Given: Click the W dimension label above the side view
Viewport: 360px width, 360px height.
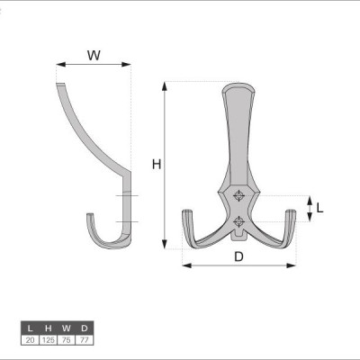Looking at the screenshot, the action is point(94,56).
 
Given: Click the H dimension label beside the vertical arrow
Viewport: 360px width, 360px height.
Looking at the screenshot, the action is point(157,165).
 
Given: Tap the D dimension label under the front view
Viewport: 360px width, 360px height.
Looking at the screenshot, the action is point(238,256).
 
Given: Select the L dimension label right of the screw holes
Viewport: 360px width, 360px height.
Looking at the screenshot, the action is point(319,208).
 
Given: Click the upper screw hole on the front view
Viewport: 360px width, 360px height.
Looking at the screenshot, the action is point(238,195).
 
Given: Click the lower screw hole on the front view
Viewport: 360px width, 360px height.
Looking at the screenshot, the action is point(238,221).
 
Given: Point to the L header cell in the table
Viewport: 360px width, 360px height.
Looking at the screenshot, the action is point(30,328).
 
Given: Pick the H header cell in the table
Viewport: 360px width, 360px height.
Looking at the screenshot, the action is point(49,328).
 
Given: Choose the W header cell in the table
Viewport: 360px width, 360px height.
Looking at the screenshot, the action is point(67,328).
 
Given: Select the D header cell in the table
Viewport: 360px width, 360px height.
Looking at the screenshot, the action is point(85,328).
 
